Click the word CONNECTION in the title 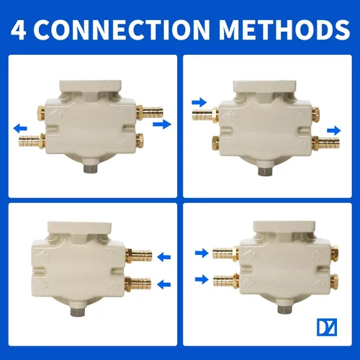121,30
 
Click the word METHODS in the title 284,30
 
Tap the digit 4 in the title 18,30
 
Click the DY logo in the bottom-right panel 327,327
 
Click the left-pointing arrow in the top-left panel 20,129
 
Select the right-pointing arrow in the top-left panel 162,124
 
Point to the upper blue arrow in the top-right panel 199,103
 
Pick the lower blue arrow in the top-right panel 334,131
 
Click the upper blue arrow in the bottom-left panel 164,257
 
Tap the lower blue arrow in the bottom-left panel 164,284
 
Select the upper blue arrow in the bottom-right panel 202,253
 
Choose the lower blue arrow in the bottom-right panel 202,279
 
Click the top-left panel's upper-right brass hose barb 150,112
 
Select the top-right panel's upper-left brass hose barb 205,114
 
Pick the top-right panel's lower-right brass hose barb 326,143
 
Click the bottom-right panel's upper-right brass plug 334,253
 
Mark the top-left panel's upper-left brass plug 40,112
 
